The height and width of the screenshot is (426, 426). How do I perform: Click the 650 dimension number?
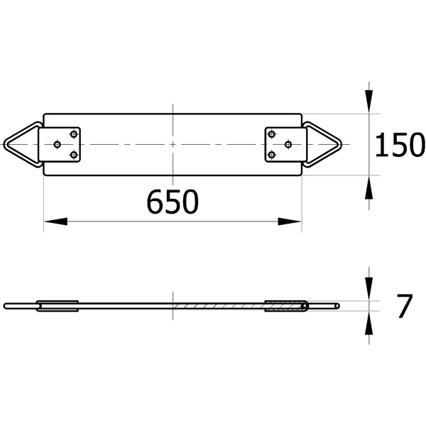(x=173, y=202)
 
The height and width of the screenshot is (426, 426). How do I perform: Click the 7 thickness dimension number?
(x=405, y=306)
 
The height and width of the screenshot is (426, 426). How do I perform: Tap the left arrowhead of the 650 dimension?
(x=55, y=222)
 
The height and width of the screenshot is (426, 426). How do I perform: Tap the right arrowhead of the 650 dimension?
(x=290, y=222)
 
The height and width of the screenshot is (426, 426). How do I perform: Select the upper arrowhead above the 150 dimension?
(x=368, y=102)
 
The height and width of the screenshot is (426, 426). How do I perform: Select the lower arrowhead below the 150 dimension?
(x=368, y=187)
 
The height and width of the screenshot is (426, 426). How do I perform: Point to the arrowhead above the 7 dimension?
(x=368, y=289)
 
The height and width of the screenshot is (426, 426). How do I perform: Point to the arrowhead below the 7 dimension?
(x=368, y=322)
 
